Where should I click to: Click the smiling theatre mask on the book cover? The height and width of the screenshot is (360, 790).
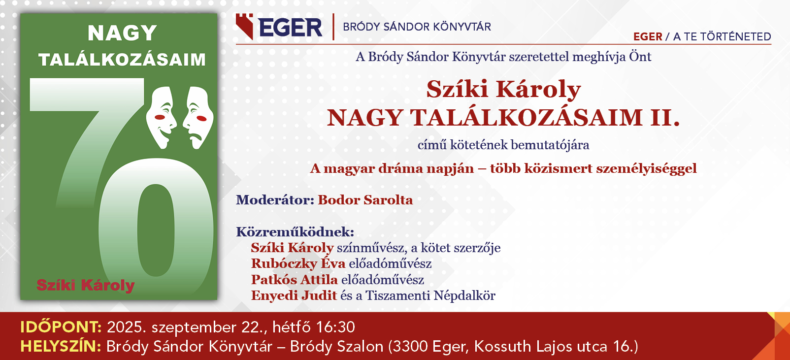pos(161,117)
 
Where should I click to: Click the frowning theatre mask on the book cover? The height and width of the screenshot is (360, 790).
pos(198,117)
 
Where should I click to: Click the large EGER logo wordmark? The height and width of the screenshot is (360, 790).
pos(291,27)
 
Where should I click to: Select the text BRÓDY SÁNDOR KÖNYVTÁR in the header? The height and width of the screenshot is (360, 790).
pos(417,27)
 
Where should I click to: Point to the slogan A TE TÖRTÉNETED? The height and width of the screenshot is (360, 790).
pos(722,36)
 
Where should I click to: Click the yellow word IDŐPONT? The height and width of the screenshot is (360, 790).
pos(61,327)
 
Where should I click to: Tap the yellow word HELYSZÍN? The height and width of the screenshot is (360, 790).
pos(61,346)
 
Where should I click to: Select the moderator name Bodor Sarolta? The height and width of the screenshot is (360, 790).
pos(365,200)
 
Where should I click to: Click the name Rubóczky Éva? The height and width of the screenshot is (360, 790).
pos(298,264)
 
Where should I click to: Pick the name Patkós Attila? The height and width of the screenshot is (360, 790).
pos(294,280)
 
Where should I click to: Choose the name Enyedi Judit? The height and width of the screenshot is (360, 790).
pos(294,295)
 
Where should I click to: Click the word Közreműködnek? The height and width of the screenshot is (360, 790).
pos(295,232)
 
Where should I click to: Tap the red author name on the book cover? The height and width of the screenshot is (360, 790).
pos(86,285)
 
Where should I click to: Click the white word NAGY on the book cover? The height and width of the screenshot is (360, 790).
pos(122,33)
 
